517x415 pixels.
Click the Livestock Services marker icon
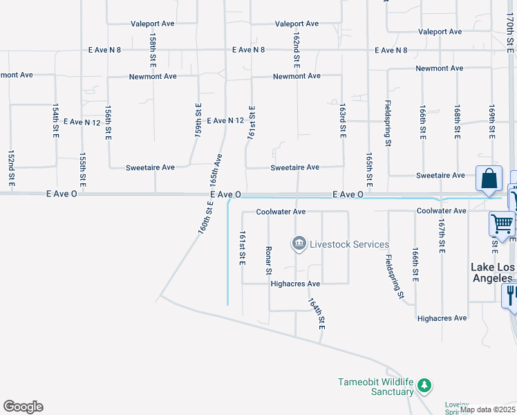tap(299, 243)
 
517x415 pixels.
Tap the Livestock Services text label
tap(339, 244)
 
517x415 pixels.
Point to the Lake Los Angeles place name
tap(493, 273)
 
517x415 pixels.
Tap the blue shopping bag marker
tap(489, 178)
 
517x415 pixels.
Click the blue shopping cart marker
tap(502, 223)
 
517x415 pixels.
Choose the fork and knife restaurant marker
tap(511, 295)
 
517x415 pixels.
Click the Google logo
tap(23, 407)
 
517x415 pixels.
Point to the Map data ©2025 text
tap(487, 409)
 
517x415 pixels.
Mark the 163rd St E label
tap(342, 121)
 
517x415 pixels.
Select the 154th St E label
tap(55, 121)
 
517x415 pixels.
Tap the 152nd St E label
tap(11, 169)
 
